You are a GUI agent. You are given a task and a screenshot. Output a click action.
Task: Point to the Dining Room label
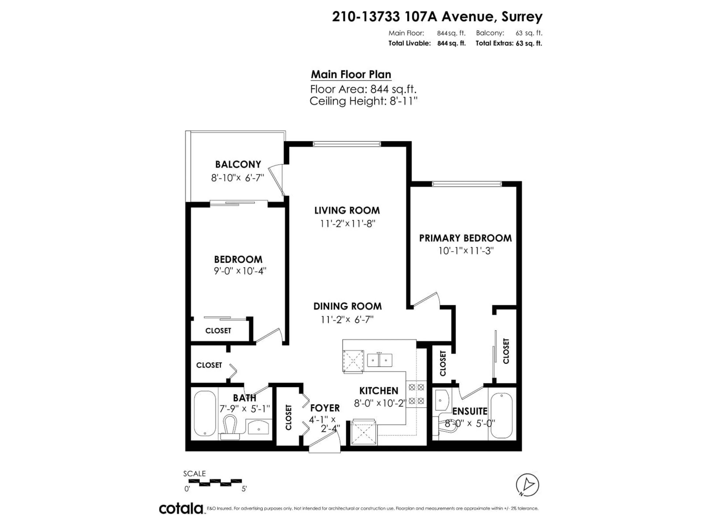click(x=347, y=306)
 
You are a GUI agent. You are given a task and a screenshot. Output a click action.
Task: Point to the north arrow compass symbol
click(x=527, y=485)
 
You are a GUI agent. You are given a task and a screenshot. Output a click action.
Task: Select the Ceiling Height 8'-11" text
click(x=363, y=101)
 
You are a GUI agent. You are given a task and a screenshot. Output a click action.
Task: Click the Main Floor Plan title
click(x=351, y=74)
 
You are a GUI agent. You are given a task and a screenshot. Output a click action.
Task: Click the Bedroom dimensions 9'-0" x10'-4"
click(x=240, y=271)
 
